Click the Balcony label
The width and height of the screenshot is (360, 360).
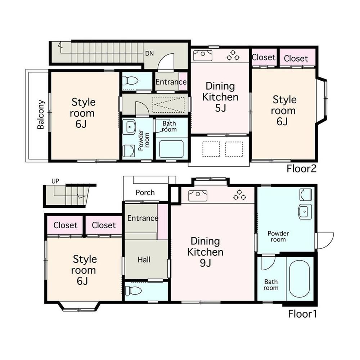point(41,114)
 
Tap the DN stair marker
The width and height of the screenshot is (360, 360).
point(149,54)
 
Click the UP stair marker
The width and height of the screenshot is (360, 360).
point(55,181)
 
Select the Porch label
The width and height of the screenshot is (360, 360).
point(145,192)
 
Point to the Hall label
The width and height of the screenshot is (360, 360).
point(144,260)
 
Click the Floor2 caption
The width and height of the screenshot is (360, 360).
point(301,169)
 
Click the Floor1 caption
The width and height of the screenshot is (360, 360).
point(302,314)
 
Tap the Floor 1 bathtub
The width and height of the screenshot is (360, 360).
point(300,279)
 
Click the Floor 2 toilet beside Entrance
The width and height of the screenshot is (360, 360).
point(130,81)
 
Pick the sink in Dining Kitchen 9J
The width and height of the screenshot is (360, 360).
point(198,196)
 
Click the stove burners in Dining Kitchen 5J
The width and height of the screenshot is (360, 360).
point(233,55)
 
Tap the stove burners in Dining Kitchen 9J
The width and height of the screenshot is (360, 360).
point(240,195)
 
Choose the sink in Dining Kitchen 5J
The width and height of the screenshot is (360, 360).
point(203,55)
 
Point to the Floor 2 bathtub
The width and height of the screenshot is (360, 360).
point(171,149)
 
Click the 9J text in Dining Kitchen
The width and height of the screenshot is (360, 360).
point(206,263)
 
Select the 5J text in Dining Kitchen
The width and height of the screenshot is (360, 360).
point(220,108)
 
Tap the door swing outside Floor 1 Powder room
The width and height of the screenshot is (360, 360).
point(325,240)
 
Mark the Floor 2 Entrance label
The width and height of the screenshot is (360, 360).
point(171,82)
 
